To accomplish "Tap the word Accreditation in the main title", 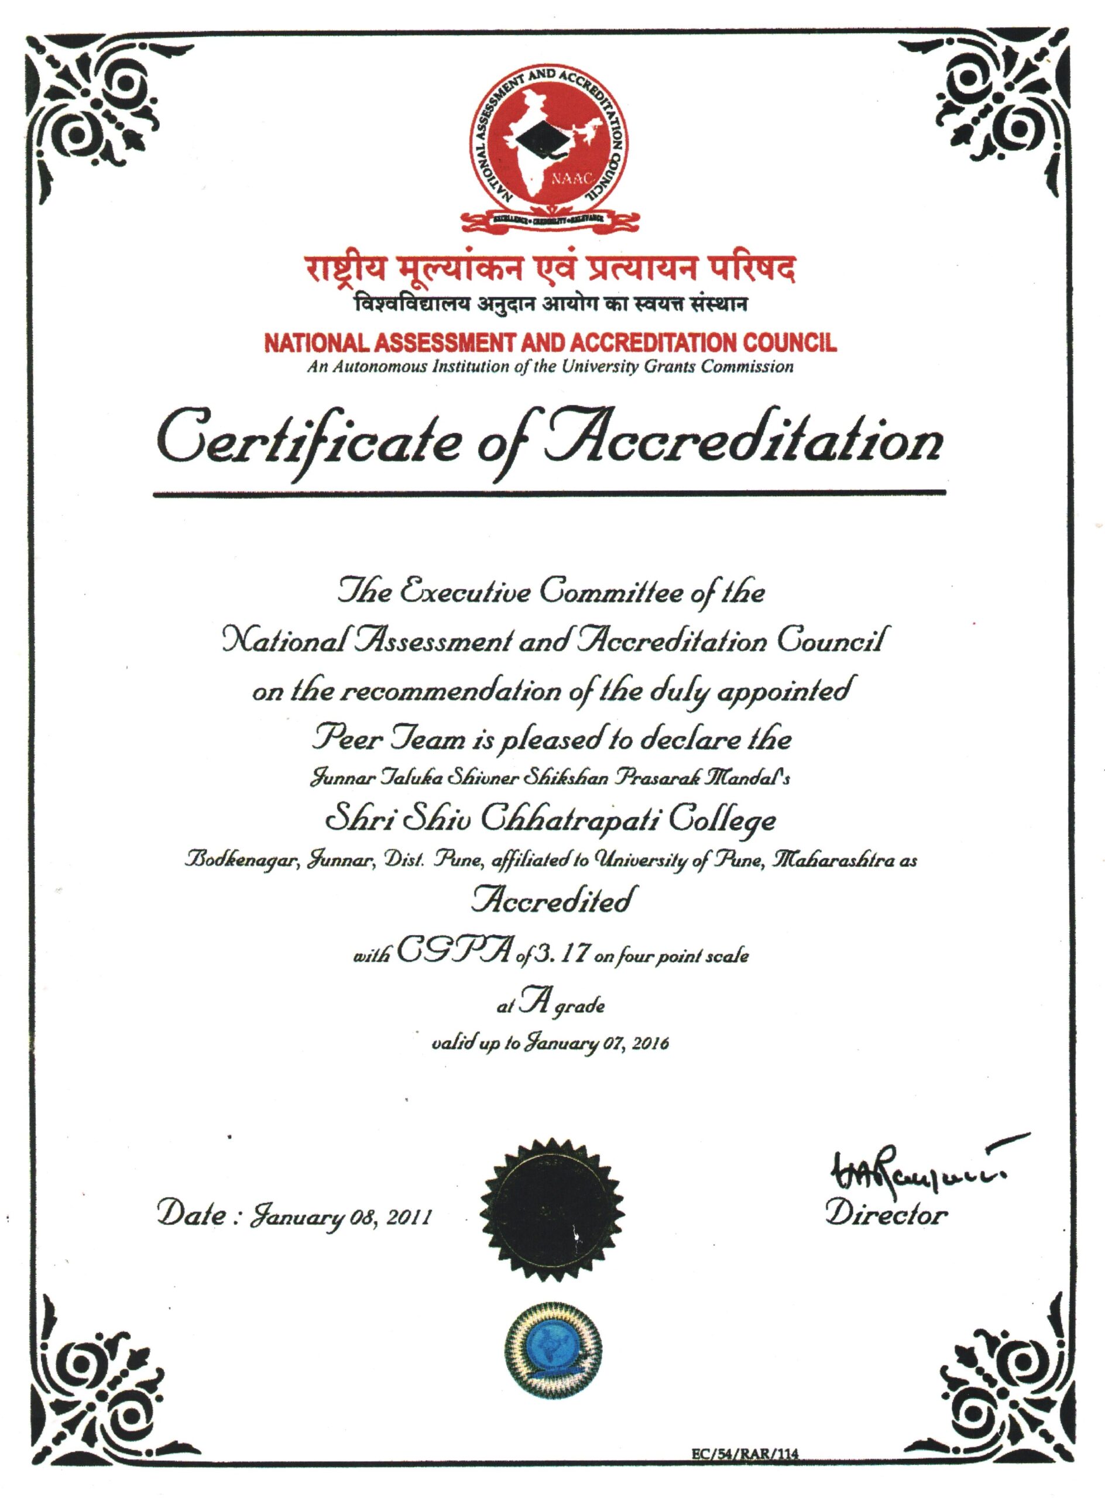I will tap(743, 441).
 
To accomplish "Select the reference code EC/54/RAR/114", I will tap(746, 1471).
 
